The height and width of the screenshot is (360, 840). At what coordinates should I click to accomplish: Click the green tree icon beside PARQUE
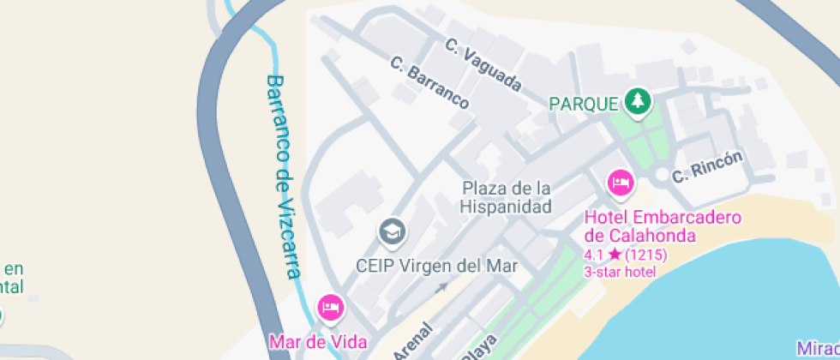(637, 103)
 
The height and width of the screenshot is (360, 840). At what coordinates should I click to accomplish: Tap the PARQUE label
(583, 104)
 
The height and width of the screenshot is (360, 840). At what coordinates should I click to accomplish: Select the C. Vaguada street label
(483, 66)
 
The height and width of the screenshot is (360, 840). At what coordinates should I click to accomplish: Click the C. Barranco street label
(429, 83)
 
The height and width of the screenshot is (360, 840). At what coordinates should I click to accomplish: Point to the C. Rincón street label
(707, 167)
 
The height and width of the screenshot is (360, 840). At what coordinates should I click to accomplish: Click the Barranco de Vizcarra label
(284, 176)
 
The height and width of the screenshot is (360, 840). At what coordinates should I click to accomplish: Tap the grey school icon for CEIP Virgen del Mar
(393, 231)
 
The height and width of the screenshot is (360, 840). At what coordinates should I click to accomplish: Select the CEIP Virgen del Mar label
(436, 266)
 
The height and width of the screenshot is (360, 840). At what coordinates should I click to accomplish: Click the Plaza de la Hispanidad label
(505, 197)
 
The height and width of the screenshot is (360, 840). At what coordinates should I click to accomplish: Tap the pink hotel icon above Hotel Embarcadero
(620, 182)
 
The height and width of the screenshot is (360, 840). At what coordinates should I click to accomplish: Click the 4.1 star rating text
(603, 255)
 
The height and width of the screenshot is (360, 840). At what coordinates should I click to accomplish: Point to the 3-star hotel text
(620, 272)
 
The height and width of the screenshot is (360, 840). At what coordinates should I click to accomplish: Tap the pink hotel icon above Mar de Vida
(331, 306)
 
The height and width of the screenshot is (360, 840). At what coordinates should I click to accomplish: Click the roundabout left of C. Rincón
(660, 176)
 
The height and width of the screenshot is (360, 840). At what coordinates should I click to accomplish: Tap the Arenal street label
(412, 342)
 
